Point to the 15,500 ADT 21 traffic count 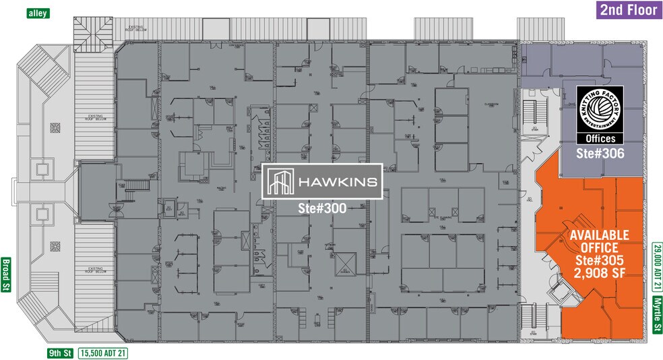pos(104,352)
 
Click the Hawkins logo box pos(322,181)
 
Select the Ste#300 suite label pos(322,209)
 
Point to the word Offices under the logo pos(599,138)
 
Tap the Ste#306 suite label pos(599,153)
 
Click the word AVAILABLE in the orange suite pos(599,235)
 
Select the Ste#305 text pos(599,261)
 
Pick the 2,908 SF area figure pos(599,274)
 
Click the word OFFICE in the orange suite pos(599,248)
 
